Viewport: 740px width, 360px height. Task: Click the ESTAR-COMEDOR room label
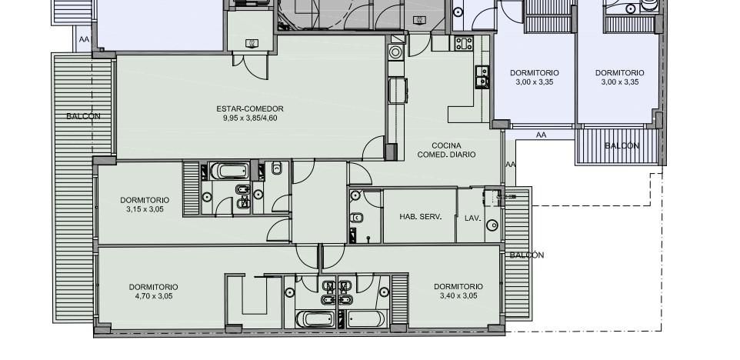[x=250, y=108]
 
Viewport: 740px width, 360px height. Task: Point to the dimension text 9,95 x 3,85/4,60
[x=250, y=118]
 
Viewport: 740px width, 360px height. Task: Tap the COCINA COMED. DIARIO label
[x=446, y=150]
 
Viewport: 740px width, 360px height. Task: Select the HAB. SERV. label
[x=421, y=217]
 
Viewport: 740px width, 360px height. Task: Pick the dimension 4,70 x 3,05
[x=153, y=296]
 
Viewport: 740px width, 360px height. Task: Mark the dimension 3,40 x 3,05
[x=458, y=296]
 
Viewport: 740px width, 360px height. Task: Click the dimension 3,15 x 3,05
[x=145, y=209]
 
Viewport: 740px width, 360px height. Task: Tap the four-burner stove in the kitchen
[x=464, y=43]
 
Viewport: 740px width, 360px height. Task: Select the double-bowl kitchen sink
[x=482, y=77]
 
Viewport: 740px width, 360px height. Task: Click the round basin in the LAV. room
[x=492, y=225]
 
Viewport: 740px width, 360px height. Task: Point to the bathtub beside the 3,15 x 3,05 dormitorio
[x=229, y=171]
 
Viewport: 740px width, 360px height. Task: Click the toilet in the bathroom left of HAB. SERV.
[x=356, y=218]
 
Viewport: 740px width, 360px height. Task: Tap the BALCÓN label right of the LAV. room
[x=527, y=255]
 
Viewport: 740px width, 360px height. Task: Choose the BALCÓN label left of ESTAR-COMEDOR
[x=84, y=116]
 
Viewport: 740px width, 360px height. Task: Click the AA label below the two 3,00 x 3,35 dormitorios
[x=541, y=135]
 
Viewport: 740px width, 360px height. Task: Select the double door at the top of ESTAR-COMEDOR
[x=250, y=66]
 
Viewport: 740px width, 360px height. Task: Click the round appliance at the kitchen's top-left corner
[x=395, y=52]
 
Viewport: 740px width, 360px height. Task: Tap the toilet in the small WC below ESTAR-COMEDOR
[x=277, y=168]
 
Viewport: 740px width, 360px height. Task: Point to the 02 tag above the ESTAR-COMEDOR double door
[x=252, y=43]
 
